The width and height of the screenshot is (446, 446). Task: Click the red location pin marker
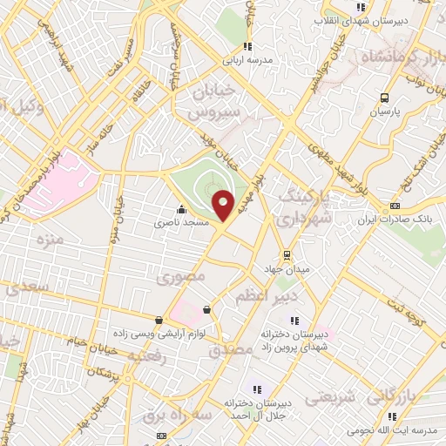pyautogui.click(x=224, y=206)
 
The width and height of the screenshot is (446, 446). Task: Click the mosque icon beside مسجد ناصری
pyautogui.click(x=181, y=209)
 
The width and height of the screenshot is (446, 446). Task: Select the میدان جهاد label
pyautogui.click(x=287, y=269)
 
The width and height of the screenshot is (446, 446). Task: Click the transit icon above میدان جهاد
pyautogui.click(x=286, y=255)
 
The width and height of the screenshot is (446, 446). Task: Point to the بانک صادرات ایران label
pyautogui.click(x=394, y=220)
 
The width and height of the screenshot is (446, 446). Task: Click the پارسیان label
pyautogui.click(x=383, y=112)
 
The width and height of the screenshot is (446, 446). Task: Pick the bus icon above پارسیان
pyautogui.click(x=384, y=98)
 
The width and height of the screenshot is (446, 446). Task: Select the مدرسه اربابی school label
pyautogui.click(x=247, y=62)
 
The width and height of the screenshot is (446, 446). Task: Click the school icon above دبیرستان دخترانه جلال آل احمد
pyautogui.click(x=256, y=389)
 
